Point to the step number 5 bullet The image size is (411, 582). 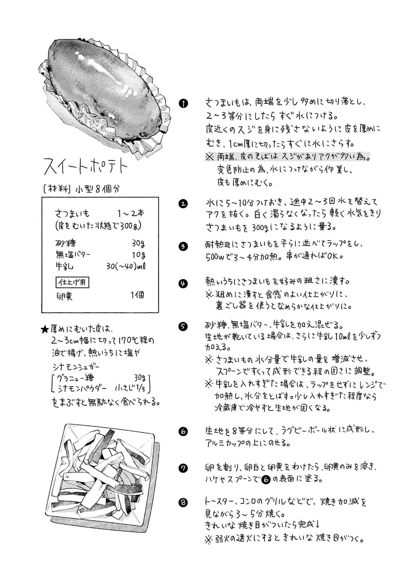[x=183, y=326]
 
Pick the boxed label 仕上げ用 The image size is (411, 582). [x=72, y=283]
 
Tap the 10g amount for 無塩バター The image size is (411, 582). [x=138, y=255]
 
